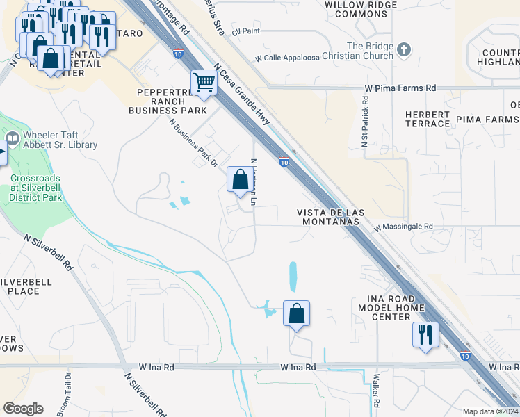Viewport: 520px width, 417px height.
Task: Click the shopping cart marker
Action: [204, 83]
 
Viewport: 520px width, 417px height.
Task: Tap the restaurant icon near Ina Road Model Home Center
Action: [424, 335]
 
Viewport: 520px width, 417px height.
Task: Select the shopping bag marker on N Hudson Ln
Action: [240, 180]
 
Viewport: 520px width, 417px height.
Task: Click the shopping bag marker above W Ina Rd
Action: [296, 313]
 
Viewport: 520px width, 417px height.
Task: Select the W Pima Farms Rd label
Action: [400, 88]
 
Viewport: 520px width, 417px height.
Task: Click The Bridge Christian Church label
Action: [366, 51]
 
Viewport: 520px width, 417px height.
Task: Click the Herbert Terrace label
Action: [428, 119]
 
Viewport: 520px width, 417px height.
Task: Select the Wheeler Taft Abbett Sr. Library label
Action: [60, 140]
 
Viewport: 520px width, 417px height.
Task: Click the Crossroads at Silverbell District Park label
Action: [35, 188]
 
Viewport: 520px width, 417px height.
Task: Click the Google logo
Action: [24, 409]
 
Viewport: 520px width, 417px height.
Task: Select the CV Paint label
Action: [245, 32]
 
